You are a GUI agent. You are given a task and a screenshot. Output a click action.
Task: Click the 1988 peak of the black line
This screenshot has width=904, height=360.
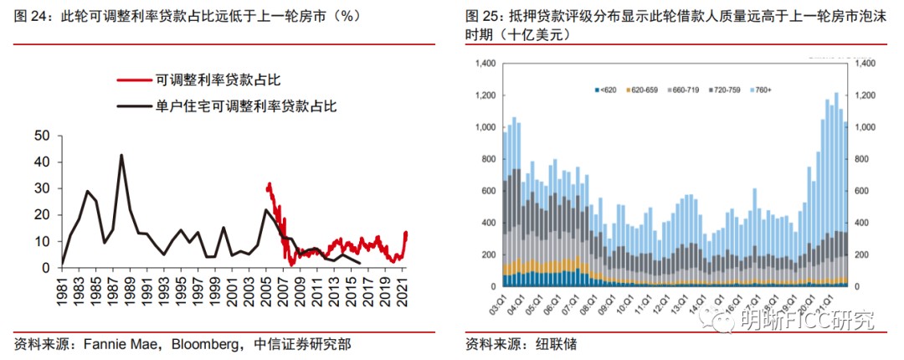[x=121, y=155]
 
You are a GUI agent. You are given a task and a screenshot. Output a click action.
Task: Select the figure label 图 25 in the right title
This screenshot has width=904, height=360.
[x=484, y=16]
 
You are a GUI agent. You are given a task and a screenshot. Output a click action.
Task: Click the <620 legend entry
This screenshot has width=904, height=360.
[x=609, y=88]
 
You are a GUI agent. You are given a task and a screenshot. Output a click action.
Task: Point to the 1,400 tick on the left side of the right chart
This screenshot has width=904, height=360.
[x=485, y=64]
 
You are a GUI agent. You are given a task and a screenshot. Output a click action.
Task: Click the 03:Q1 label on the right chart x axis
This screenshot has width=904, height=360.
[x=506, y=299]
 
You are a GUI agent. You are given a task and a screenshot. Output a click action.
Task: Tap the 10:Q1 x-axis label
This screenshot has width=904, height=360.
[x=621, y=299]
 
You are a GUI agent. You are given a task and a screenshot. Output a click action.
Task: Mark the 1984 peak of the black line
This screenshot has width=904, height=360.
[x=87, y=191]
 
